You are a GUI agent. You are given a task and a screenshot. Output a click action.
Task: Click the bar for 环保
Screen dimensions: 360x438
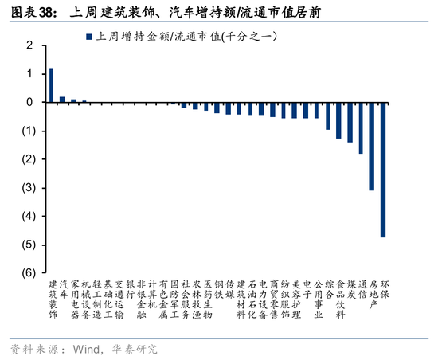[x=383, y=170]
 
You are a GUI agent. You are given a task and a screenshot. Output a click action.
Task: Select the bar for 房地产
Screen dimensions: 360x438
[x=372, y=147]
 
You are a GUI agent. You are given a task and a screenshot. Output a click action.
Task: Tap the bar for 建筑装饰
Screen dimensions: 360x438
[x=52, y=85]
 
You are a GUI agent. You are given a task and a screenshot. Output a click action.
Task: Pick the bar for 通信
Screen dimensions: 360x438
[x=361, y=128]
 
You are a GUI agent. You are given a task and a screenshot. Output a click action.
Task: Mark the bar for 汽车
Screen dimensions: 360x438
[x=62, y=100]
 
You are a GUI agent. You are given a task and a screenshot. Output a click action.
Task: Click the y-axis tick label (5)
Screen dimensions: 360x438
[x=29, y=245]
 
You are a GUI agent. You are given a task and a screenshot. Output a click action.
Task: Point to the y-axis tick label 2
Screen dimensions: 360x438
[x=30, y=45]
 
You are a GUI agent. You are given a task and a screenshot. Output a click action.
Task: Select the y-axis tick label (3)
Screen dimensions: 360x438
[x=29, y=187]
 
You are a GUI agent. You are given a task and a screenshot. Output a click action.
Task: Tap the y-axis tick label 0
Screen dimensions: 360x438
[x=30, y=102]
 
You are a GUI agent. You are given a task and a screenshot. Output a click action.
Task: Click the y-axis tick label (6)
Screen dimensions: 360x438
[x=29, y=273]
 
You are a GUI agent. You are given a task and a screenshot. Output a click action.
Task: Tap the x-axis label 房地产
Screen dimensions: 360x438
[x=374, y=295]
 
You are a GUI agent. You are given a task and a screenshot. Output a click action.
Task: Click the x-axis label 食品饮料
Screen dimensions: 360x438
[x=341, y=299]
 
